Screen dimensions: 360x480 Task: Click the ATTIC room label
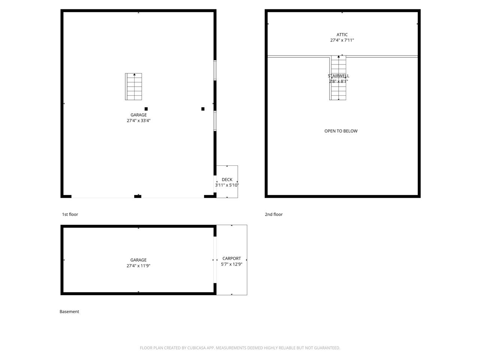click(342, 34)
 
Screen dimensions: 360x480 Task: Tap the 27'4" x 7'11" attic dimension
click(342, 40)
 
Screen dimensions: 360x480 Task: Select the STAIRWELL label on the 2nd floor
click(338, 76)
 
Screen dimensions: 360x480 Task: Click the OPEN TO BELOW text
click(341, 131)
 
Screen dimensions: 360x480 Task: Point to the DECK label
click(227, 180)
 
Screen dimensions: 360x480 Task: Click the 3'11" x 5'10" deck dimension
click(227, 185)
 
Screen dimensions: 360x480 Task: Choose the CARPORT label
click(232, 258)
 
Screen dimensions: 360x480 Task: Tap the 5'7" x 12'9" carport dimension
click(232, 264)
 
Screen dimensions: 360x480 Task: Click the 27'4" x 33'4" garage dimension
click(138, 121)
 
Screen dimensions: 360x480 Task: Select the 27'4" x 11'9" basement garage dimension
click(138, 266)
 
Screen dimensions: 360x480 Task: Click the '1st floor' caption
click(70, 214)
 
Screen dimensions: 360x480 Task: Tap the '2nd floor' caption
click(274, 214)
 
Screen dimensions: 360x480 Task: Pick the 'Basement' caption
click(69, 312)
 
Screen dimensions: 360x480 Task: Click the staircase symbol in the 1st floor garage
click(133, 87)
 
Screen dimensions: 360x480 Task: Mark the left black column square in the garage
click(146, 109)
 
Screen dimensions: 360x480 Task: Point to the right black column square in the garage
click(203, 109)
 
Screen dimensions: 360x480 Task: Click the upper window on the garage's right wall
click(215, 70)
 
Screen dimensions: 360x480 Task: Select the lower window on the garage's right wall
click(215, 121)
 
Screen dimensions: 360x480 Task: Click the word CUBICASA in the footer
click(200, 348)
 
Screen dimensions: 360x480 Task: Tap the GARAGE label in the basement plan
click(138, 260)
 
